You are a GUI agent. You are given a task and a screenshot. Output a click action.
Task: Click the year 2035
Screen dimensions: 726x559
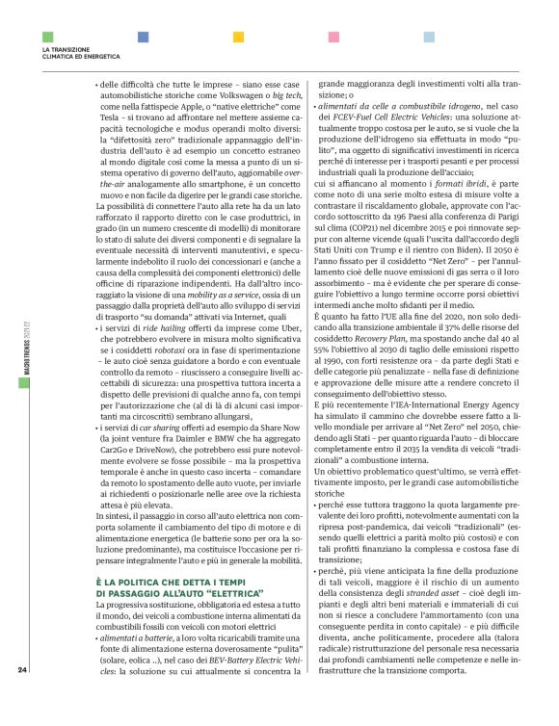point(421,454)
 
